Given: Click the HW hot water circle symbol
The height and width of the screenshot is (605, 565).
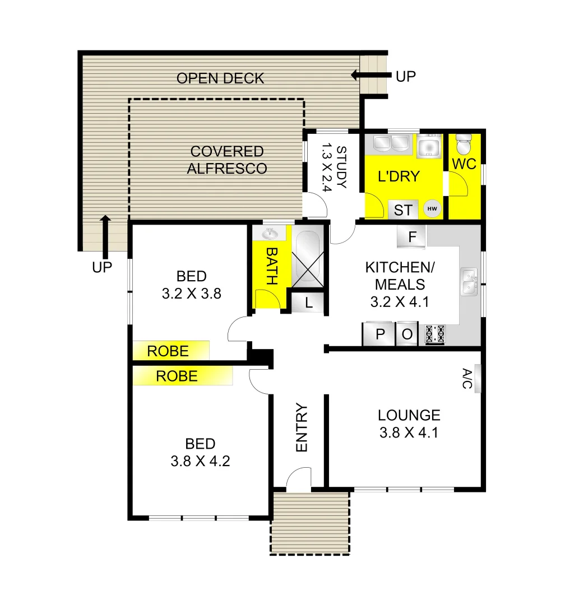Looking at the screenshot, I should (432, 210).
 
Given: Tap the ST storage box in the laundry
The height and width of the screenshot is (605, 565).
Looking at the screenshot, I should (403, 210).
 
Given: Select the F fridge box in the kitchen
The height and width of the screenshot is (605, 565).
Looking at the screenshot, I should (412, 236).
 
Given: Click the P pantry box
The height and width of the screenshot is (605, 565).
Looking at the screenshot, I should (380, 334).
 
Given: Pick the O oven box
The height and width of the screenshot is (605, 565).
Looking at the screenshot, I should (407, 334).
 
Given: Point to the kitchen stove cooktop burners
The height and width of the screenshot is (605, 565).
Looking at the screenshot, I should (436, 334).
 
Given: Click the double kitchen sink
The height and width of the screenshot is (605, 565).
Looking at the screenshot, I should (469, 282).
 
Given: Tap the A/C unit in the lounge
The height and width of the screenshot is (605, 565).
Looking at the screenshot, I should (477, 379).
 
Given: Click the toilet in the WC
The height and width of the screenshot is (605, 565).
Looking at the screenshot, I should (463, 145).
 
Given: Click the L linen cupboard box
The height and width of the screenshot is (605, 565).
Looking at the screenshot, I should (309, 303).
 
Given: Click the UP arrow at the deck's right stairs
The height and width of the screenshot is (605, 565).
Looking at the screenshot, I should (370, 75).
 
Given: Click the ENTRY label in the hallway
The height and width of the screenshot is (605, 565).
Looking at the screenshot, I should (302, 427).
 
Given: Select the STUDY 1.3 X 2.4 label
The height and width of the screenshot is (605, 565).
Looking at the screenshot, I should (334, 169).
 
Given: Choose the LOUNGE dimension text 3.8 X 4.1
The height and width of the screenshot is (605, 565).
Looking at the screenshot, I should (409, 432).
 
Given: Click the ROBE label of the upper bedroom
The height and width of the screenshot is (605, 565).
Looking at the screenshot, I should (168, 351).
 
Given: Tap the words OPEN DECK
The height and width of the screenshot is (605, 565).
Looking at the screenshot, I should (220, 78).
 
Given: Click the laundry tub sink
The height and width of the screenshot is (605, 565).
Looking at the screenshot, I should (429, 147).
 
